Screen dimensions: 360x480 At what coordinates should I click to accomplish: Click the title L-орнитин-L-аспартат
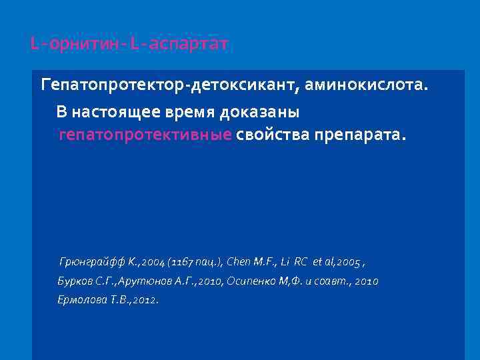129,45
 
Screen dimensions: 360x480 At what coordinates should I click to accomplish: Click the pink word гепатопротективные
145,135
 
